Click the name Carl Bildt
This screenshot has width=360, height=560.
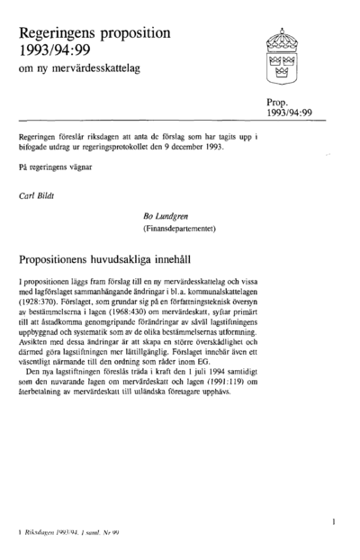[x=39, y=194]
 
